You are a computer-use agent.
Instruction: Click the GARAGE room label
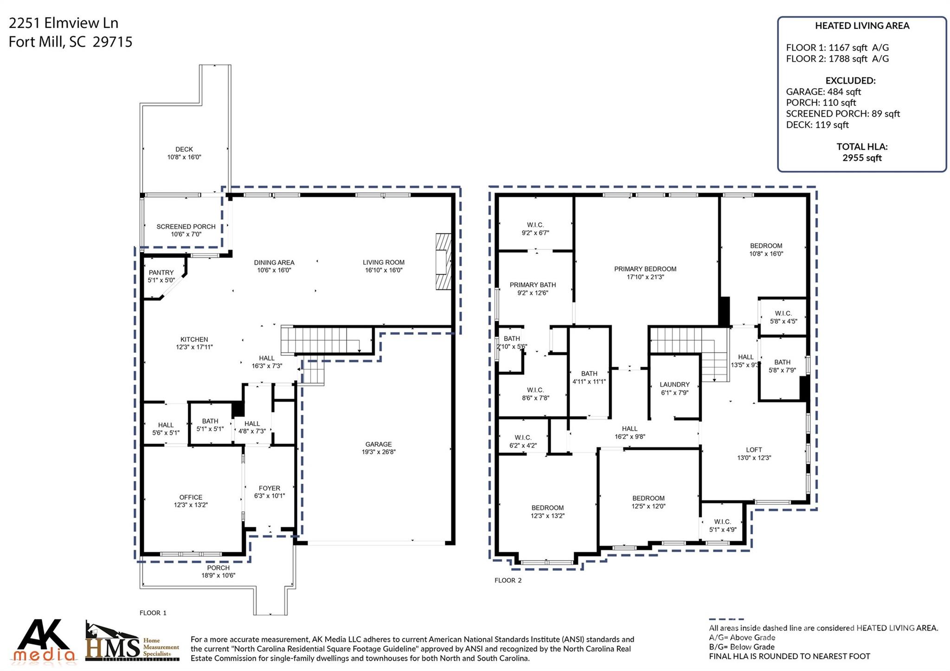coord(378,444)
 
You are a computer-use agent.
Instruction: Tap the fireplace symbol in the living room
coord(443,262)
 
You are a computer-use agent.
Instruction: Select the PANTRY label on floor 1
coord(161,273)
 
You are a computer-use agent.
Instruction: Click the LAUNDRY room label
coord(674,384)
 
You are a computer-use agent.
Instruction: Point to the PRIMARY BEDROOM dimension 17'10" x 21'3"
coord(645,277)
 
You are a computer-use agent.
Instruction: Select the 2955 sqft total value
coord(862,158)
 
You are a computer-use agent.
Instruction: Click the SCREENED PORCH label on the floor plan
coord(186,227)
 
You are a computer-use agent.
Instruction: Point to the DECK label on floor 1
coord(184,149)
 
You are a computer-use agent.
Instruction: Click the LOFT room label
coord(754,450)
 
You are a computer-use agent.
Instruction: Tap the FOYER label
coord(269,488)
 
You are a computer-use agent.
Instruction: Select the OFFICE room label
coord(191,497)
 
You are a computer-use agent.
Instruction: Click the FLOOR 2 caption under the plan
coord(508,581)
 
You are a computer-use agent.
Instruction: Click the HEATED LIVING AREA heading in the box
coord(862,26)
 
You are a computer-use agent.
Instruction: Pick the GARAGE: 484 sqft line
coord(823,92)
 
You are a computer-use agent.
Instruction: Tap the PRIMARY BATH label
coord(533,285)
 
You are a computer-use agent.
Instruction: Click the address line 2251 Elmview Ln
coord(64,23)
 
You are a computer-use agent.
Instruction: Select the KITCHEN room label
coord(194,339)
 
